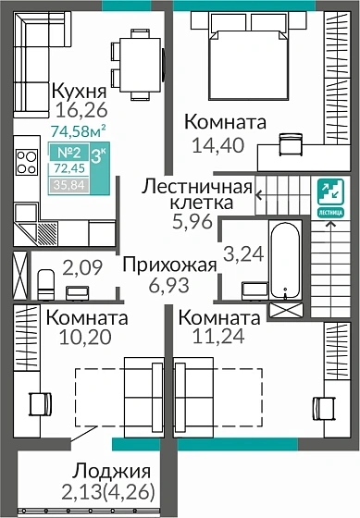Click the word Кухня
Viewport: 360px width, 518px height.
(x=79, y=92)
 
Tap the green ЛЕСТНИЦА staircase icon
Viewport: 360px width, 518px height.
(x=329, y=195)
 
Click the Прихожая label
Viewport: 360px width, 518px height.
(x=171, y=265)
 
